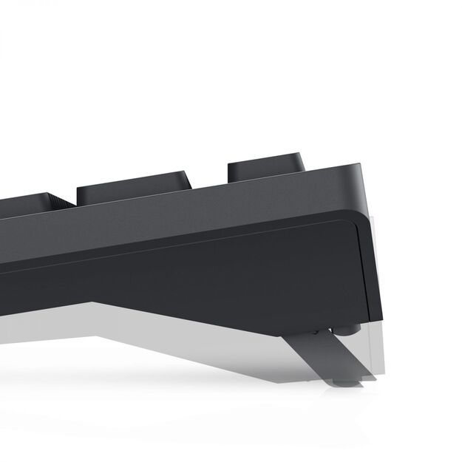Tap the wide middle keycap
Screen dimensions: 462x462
point(134,188)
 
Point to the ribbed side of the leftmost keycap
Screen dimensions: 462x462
point(62,201)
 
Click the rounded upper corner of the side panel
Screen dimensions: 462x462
point(353,219)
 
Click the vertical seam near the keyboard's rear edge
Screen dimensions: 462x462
point(361,266)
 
